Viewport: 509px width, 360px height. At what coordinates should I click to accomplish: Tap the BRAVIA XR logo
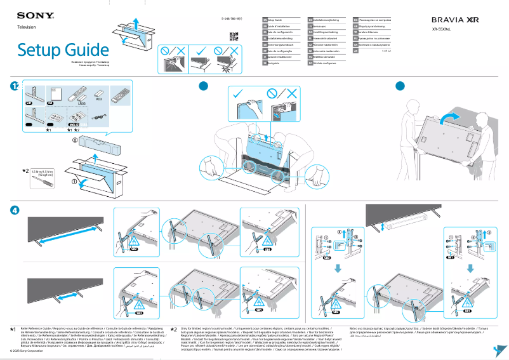coord(456,20)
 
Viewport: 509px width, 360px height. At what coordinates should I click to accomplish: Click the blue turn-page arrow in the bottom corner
coord(501,350)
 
